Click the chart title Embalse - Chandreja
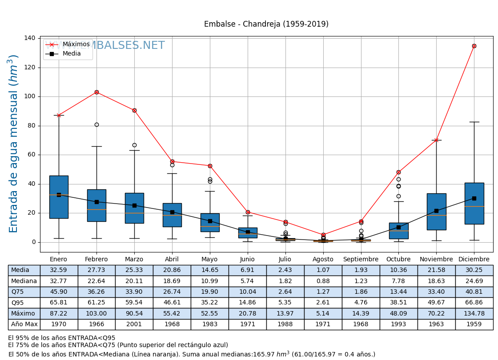pyautogui.click(x=266, y=24)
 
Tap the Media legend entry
pyautogui.click(x=62, y=54)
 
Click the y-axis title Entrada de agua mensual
pyautogui.click(x=14, y=144)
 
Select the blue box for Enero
pyautogui.click(x=59, y=197)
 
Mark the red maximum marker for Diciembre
pyautogui.click(x=474, y=46)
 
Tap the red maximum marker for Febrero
pyautogui.click(x=96, y=92)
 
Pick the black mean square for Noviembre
pyautogui.click(x=436, y=211)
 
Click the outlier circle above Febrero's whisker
pyautogui.click(x=96, y=124)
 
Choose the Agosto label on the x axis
pyautogui.click(x=323, y=260)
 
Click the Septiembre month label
pyautogui.click(x=361, y=260)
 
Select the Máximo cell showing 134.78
pyautogui.click(x=474, y=313)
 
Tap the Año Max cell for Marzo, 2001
pyautogui.click(x=134, y=324)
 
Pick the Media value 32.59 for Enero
pyautogui.click(x=59, y=270)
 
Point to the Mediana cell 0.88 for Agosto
pyautogui.click(x=323, y=281)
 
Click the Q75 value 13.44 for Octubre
pyautogui.click(x=398, y=292)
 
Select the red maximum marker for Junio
pyautogui.click(x=248, y=212)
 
